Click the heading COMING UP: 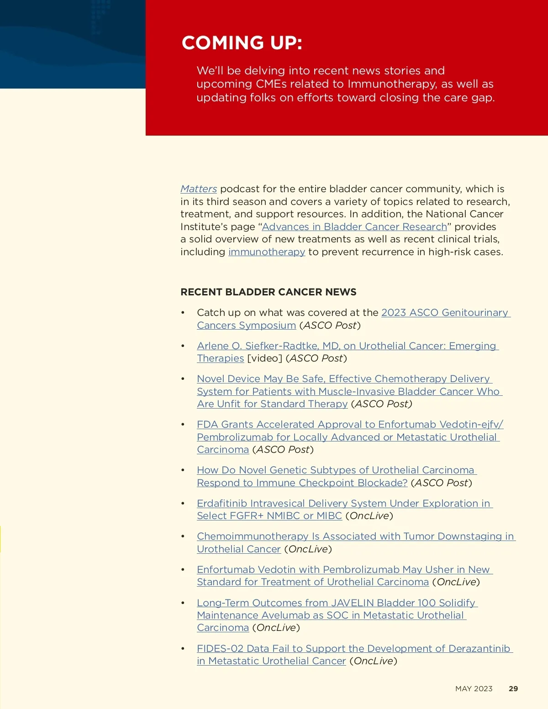242,43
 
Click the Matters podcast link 199,189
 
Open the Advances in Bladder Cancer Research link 354,227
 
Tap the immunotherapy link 267,252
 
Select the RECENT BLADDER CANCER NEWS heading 268,292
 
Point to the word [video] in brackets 264,358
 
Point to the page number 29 513,689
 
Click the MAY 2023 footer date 474,689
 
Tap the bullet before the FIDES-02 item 183,649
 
